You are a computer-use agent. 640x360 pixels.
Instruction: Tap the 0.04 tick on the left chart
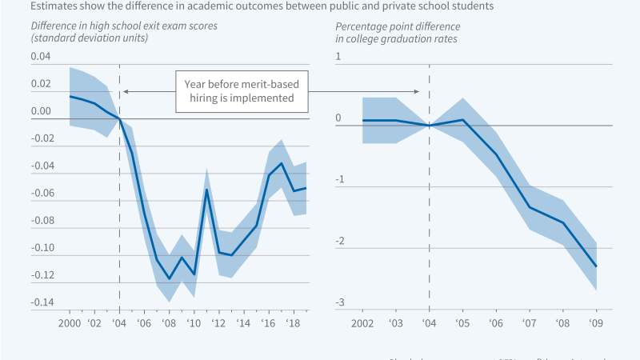40,57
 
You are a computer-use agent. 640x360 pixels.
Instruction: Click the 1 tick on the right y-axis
338,57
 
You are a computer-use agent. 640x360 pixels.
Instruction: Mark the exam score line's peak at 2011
206,190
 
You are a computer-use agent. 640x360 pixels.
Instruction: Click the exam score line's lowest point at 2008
169,279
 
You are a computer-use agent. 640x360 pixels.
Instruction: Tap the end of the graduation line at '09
596,266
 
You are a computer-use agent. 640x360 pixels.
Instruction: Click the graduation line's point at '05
463,120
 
